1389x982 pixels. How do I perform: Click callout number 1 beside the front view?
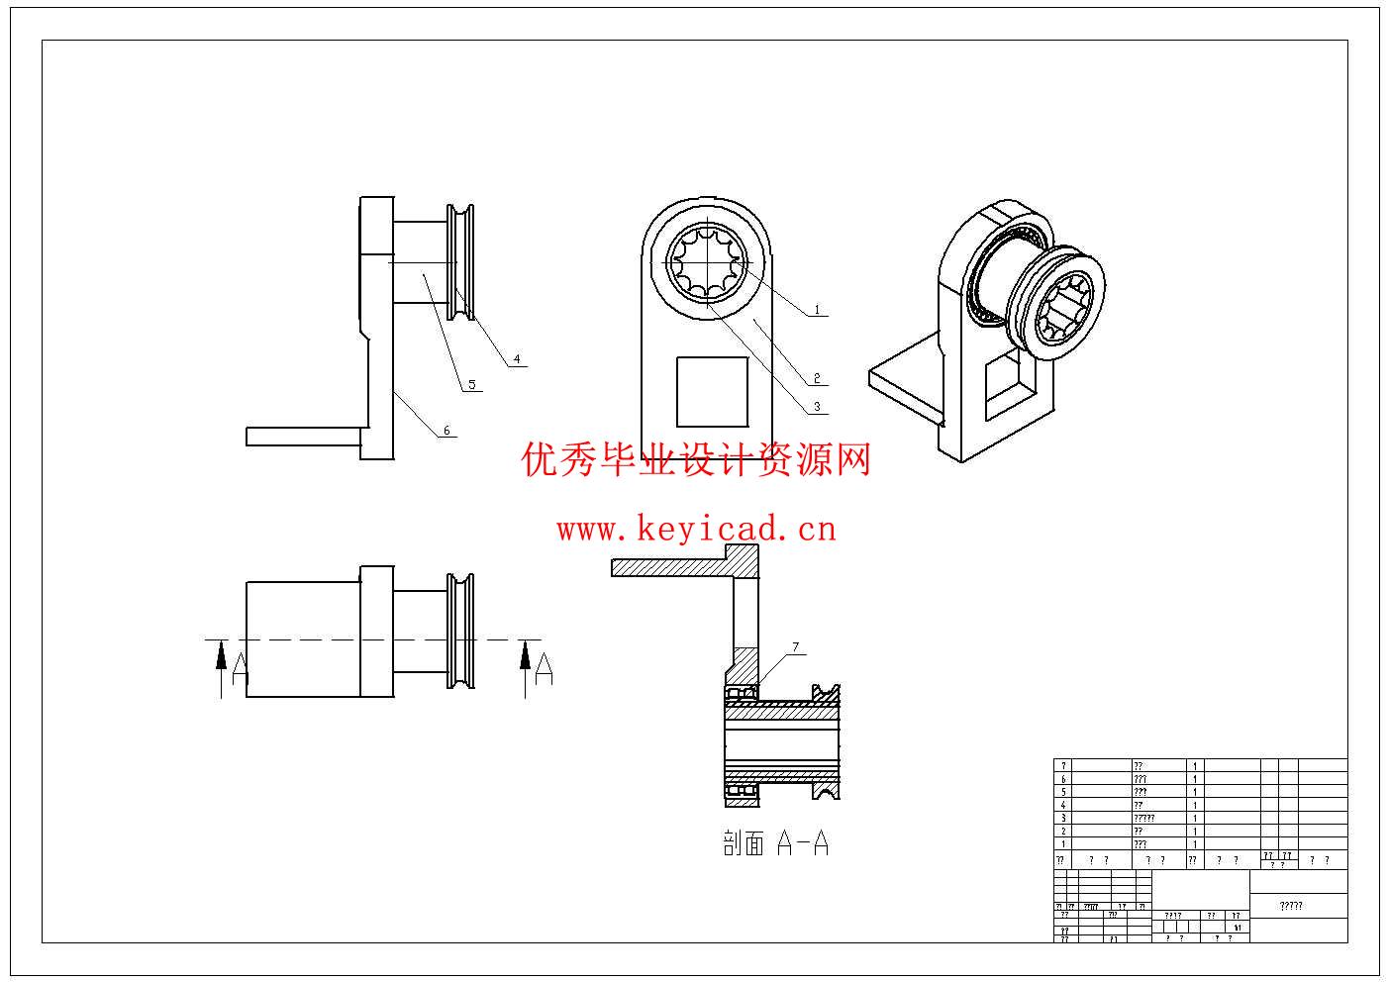[817, 310]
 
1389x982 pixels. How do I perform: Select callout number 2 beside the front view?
[817, 378]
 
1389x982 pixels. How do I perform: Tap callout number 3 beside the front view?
[817, 406]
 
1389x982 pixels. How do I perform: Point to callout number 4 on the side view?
[516, 359]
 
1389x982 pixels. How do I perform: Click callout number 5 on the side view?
[471, 384]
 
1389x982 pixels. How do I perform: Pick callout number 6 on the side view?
[446, 430]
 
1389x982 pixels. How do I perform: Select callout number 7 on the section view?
[795, 647]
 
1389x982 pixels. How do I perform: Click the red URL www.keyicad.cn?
[696, 529]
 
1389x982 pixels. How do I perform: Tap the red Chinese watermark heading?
[696, 460]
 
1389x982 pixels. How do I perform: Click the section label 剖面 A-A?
[775, 843]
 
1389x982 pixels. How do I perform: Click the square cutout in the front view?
[712, 392]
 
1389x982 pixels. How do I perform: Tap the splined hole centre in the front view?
[707, 262]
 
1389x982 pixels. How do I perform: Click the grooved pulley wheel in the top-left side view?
[461, 263]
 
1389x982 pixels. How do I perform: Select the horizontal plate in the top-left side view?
[303, 437]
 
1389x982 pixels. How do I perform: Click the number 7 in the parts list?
[1063, 766]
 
